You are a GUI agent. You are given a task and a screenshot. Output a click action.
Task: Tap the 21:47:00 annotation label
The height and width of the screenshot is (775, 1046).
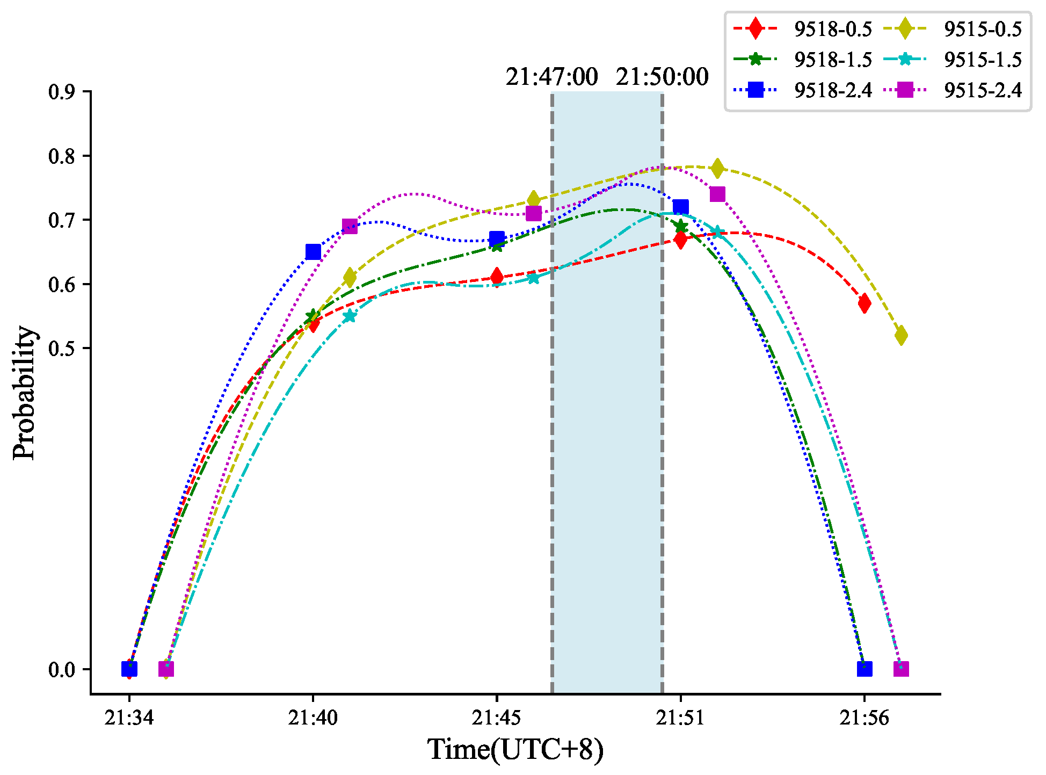tap(551, 77)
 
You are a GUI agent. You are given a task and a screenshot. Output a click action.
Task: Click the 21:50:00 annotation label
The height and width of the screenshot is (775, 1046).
tap(662, 77)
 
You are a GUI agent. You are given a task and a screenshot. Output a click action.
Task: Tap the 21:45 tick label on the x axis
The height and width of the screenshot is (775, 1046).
tap(497, 718)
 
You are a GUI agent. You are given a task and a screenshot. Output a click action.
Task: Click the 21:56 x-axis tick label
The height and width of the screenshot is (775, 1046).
tap(864, 718)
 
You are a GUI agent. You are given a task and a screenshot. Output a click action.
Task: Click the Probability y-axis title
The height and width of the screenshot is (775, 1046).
tap(25, 393)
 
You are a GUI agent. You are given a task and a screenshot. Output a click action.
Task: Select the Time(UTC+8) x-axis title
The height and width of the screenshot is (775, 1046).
tap(515, 750)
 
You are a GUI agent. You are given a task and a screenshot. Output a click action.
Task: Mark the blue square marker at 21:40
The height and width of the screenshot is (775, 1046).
tap(313, 252)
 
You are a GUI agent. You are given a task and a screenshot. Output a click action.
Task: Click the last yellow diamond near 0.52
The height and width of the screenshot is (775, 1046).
tap(901, 336)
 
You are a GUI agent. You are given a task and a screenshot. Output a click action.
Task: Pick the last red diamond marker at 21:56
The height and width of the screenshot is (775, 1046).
tap(864, 303)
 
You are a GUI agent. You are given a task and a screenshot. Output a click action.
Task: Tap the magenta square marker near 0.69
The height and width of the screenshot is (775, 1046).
tap(350, 226)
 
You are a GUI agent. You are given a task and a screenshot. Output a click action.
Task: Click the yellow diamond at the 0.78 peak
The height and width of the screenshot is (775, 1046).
tap(717, 169)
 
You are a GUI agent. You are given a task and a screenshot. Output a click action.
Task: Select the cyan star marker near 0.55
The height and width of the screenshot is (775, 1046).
tap(350, 316)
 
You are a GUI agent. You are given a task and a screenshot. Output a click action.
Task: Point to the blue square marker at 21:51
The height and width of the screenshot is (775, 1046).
tap(680, 207)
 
